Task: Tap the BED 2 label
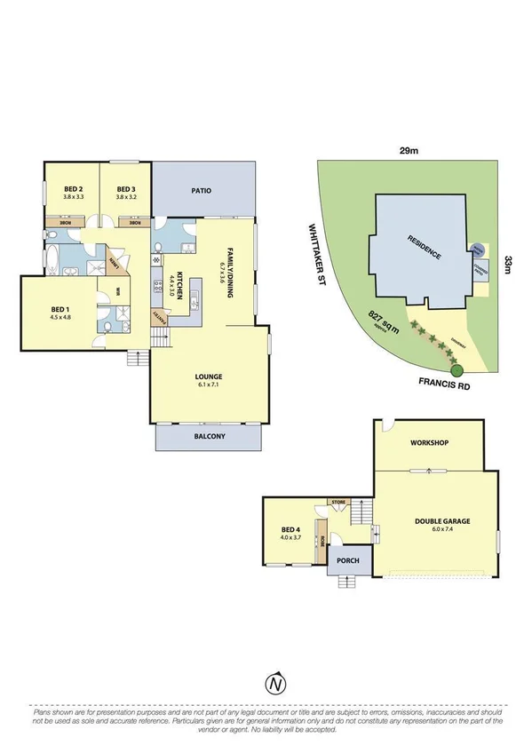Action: (74, 189)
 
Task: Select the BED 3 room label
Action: (125, 189)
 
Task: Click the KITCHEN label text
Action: (179, 283)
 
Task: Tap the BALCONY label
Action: (209, 436)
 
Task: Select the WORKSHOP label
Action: (428, 442)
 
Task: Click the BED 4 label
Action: (291, 532)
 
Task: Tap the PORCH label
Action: (345, 560)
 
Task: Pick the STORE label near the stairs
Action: (338, 503)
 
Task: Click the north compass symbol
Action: (276, 684)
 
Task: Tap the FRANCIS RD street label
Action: (442, 384)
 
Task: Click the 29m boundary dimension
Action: (409, 151)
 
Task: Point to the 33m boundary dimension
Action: (508, 264)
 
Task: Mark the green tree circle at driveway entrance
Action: (457, 370)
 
